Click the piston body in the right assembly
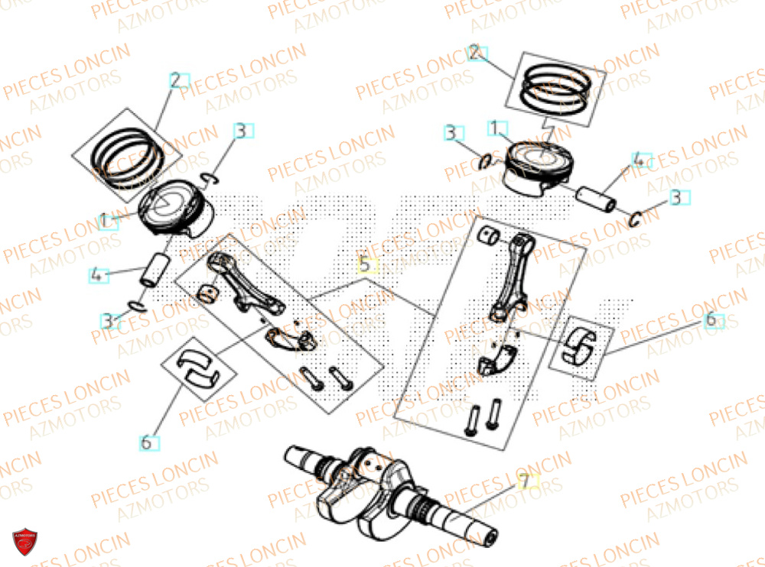(x=537, y=167)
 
